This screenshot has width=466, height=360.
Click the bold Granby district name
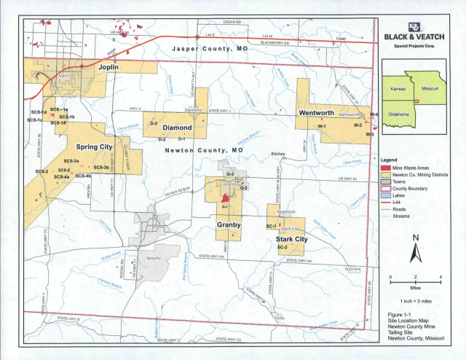coord(229,225)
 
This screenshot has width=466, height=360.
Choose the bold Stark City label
coord(289,238)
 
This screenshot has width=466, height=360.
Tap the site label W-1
coord(321,127)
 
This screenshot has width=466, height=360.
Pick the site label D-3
coord(154,125)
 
